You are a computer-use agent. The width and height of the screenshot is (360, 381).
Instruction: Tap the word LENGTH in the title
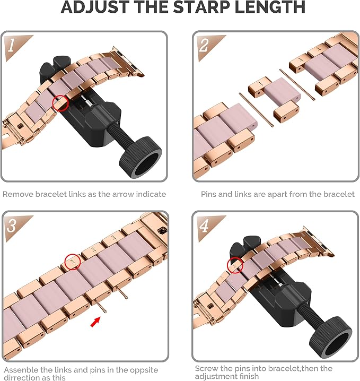point(270,7)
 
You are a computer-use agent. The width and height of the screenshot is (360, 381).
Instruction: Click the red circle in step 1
point(60,103)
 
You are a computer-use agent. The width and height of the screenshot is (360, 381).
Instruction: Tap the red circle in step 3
point(73,262)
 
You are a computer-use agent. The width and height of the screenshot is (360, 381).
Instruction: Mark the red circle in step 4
point(235,265)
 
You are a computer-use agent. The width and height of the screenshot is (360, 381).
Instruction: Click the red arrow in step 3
point(95,322)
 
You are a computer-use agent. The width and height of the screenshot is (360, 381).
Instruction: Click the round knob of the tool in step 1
point(141,158)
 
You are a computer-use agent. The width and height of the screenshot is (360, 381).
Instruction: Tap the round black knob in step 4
point(330,337)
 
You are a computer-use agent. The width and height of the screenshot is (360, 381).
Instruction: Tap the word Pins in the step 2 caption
point(208,194)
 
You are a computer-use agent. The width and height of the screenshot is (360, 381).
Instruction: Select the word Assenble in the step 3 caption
point(21,370)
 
